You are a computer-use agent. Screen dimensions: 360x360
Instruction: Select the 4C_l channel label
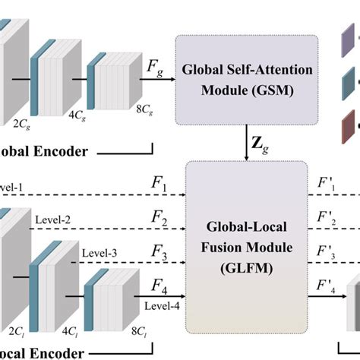[71, 331]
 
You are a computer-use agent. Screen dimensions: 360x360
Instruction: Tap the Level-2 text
[53, 219]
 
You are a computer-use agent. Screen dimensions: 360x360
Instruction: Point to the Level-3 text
[99, 252]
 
